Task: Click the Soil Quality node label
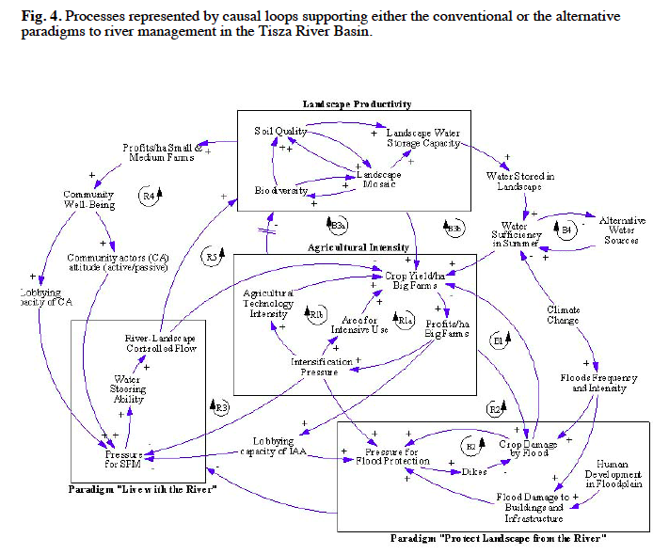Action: tap(280, 131)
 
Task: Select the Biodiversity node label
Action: tap(281, 190)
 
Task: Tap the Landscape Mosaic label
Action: tap(378, 180)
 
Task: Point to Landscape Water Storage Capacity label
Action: tap(423, 138)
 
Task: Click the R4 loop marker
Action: tap(151, 194)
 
